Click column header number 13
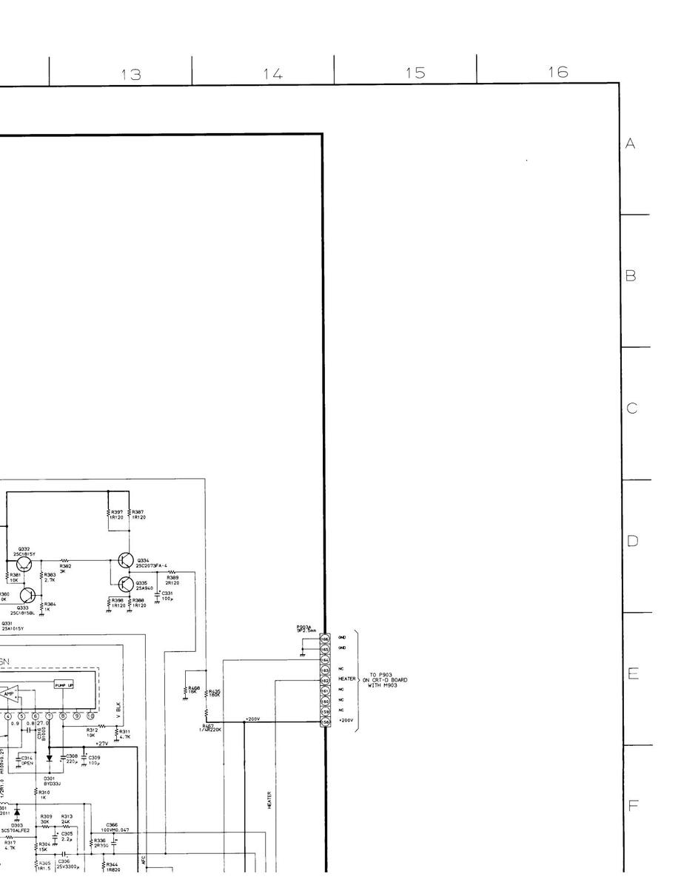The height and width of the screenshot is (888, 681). point(131,73)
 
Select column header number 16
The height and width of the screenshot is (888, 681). point(558,72)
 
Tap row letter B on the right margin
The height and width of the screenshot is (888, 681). point(631,276)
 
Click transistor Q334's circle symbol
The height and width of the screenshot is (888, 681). point(126,562)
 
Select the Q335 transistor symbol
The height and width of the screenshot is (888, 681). point(126,585)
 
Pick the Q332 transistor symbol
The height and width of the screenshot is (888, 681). point(25,564)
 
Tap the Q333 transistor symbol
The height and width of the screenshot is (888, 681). point(28,595)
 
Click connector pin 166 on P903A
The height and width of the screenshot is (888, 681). point(325,637)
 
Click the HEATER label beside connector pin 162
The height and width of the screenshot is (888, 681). point(347,679)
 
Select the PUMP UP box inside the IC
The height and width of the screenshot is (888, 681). point(64,685)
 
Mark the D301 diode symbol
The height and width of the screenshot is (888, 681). point(49,758)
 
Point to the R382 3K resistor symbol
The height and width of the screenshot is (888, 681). point(64,560)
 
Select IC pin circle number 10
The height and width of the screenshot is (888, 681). point(90,716)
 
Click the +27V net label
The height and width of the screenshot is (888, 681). point(101,743)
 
